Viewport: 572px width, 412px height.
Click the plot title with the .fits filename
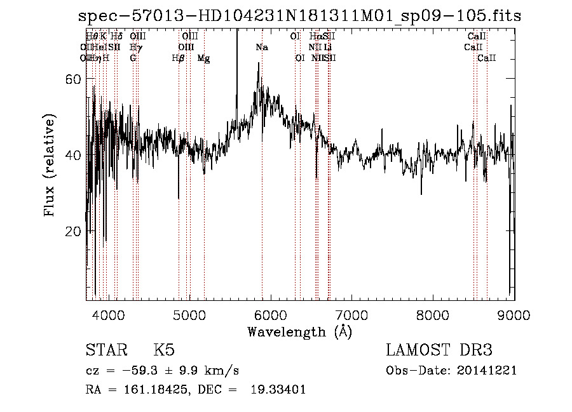click(x=299, y=16)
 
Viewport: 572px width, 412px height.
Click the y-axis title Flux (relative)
click(x=50, y=166)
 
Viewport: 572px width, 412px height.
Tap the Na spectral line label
click(x=262, y=48)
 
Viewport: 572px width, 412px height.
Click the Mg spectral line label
click(x=203, y=58)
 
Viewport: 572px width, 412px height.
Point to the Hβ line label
click(x=178, y=58)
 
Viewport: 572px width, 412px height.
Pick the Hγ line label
click(x=136, y=48)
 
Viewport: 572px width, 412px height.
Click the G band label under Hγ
click(x=133, y=58)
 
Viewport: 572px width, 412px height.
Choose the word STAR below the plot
click(x=105, y=350)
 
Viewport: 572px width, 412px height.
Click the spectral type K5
click(x=164, y=350)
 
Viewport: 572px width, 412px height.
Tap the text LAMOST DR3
click(x=439, y=350)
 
